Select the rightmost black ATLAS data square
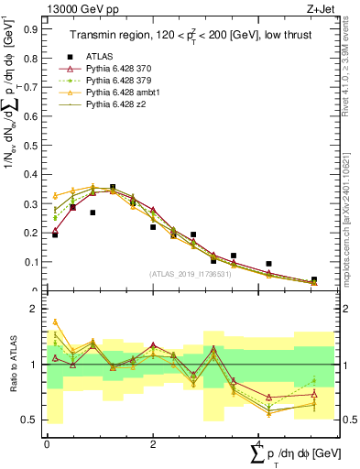click(314, 280)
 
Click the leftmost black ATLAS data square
click(55, 234)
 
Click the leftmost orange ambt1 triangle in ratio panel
click(55, 322)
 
